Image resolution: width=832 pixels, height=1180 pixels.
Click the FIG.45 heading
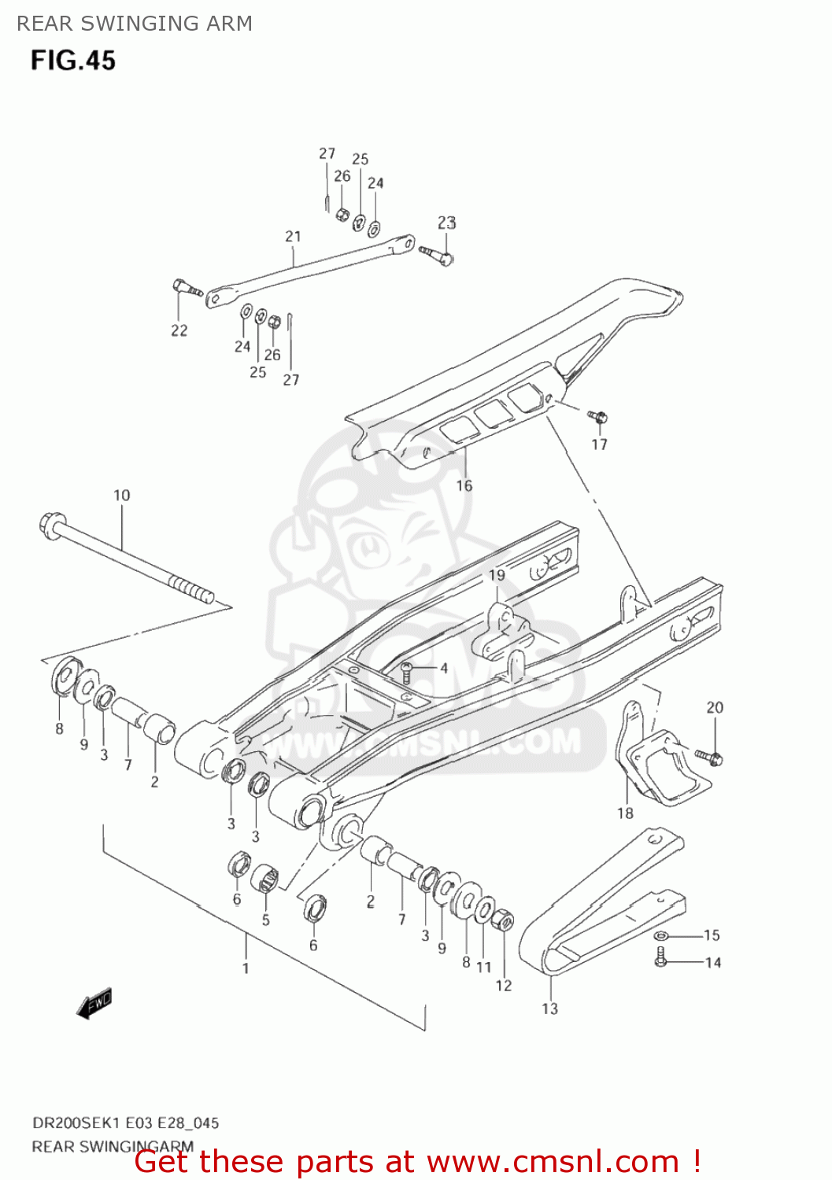pos(73,61)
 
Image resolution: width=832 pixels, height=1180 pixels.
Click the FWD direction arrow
pos(95,1005)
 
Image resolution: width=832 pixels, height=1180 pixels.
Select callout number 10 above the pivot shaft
pos(121,495)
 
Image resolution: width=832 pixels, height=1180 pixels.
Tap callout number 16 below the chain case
pos(464,485)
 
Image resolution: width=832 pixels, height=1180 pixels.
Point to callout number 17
pos(600,444)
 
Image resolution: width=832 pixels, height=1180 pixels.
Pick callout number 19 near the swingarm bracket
pos(497,575)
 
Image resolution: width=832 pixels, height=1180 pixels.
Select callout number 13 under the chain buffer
pos(549,1009)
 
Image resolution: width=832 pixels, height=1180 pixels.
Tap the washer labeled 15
pos(660,935)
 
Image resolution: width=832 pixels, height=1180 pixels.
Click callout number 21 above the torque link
pos(293,236)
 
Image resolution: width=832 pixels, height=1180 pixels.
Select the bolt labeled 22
pos(186,288)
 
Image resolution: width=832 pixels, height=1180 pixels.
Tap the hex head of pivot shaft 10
pos(49,524)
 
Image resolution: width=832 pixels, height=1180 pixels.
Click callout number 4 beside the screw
pos(443,668)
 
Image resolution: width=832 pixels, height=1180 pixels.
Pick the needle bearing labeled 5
pos(265,879)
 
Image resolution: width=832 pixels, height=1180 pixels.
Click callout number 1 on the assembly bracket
pos(246,968)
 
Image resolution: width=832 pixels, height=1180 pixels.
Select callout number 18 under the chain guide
pos(625,813)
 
